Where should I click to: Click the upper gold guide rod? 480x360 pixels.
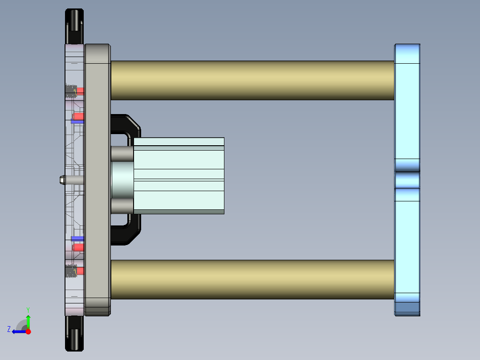252,80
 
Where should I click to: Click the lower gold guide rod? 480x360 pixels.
252,279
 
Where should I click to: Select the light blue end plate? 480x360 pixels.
407,111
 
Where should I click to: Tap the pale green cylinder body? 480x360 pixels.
178,176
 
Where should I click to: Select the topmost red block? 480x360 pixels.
80,90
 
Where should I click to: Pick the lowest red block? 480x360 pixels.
80,270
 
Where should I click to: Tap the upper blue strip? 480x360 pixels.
77,122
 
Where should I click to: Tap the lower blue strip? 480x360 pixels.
77,238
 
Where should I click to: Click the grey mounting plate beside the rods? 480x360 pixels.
98,178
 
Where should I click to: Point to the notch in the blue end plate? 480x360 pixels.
407,180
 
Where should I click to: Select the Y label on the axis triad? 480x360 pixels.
28,309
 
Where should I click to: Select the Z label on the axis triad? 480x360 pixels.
8,329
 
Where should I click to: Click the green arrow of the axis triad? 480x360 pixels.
28,321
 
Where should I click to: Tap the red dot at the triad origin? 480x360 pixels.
28,331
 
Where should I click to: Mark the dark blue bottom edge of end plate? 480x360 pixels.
407,307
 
